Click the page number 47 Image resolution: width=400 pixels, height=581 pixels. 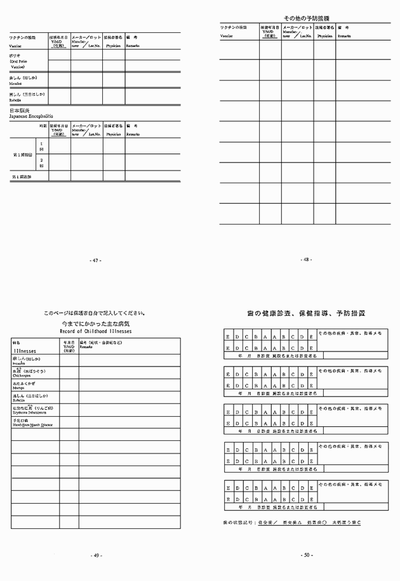pyautogui.click(x=97, y=260)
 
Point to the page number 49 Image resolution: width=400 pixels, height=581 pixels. pyautogui.click(x=97, y=555)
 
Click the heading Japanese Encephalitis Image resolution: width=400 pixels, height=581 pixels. pyautogui.click(x=30, y=117)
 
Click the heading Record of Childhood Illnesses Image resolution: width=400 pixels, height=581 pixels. pyautogui.click(x=95, y=330)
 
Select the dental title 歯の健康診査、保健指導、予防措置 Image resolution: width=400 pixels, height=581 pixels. pyautogui.click(x=306, y=313)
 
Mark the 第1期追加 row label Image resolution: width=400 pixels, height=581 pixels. pyautogui.click(x=22, y=176)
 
